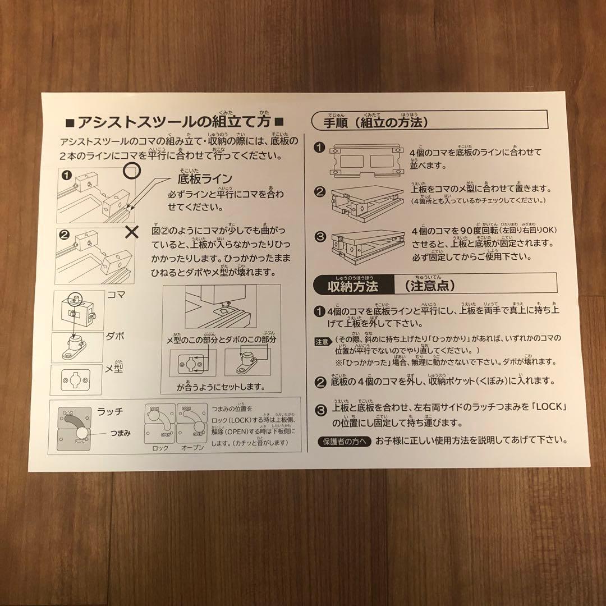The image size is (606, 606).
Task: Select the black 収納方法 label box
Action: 352,286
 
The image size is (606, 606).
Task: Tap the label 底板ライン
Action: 204,180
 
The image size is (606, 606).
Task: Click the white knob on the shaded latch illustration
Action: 82,432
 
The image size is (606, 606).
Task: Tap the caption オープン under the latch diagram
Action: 192,448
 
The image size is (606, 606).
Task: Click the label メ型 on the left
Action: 114,369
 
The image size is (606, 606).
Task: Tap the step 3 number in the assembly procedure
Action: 320,237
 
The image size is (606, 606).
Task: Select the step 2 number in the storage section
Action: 320,383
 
